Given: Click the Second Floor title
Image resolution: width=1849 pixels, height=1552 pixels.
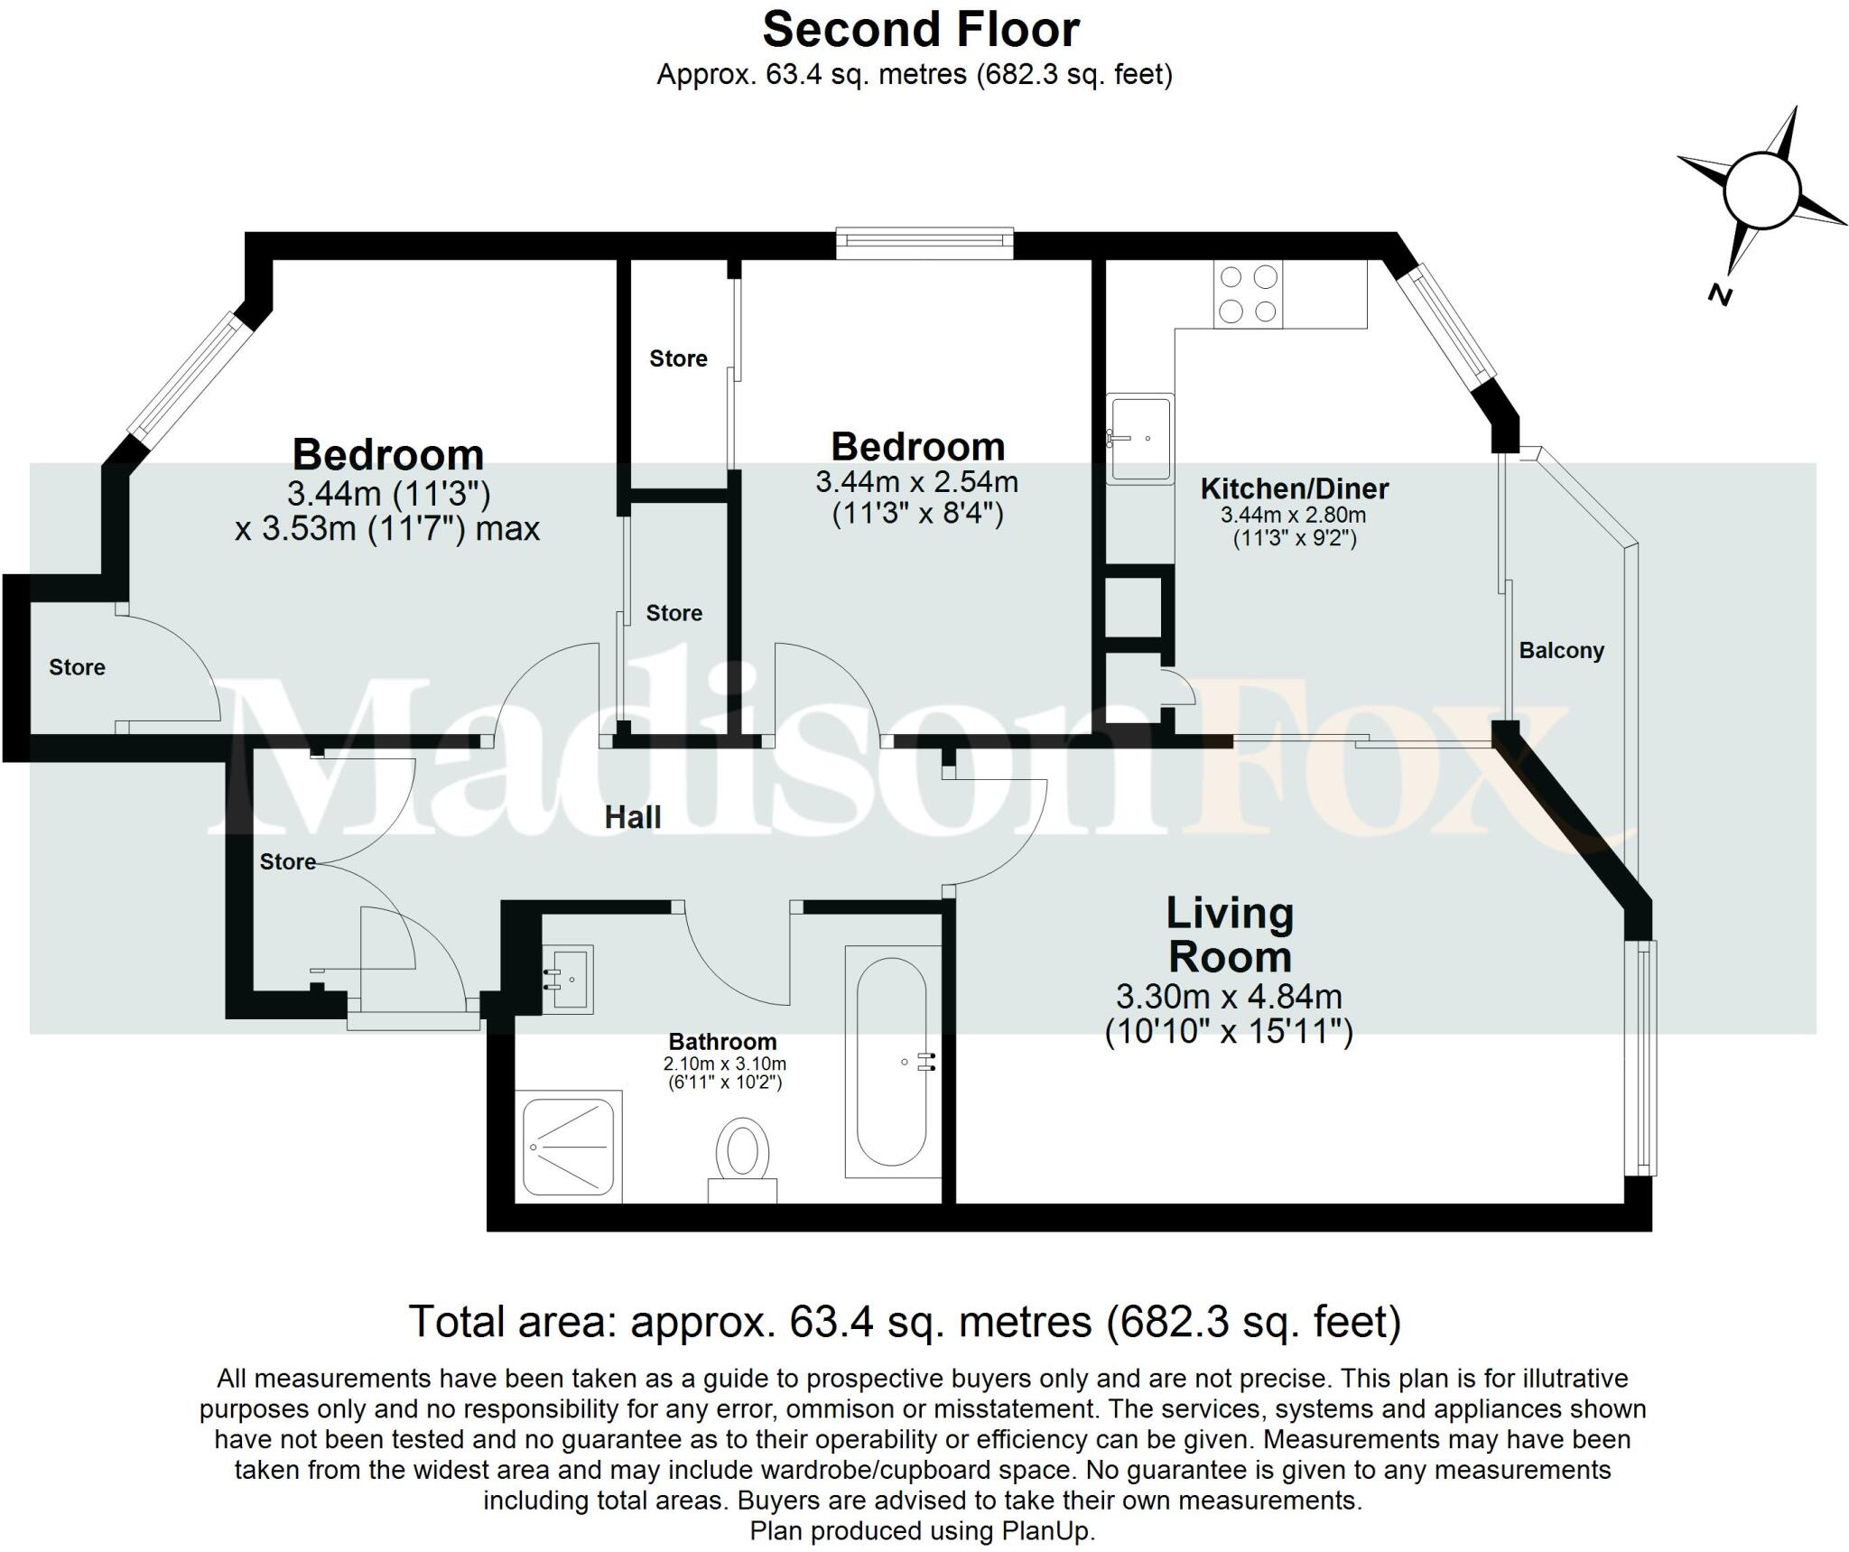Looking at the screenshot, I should [x=920, y=30].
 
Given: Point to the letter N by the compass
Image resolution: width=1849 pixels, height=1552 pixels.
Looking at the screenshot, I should [x=1721, y=294].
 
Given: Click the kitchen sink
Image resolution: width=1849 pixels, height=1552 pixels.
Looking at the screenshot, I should [x=1140, y=438].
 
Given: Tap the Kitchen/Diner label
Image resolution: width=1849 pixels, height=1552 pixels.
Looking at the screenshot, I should [x=1294, y=489].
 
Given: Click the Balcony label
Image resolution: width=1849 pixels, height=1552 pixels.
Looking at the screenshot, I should [x=1561, y=651].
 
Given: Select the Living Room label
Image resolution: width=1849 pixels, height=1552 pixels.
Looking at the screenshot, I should [x=1230, y=935].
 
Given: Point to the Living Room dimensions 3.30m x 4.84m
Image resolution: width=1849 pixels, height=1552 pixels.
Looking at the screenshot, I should [x=1229, y=997].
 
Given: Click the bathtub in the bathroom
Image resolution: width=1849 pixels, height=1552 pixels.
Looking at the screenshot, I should [x=891, y=1061].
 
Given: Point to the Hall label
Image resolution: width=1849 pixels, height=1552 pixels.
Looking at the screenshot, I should [x=632, y=818].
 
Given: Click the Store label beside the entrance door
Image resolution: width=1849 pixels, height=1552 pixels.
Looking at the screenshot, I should [x=287, y=862].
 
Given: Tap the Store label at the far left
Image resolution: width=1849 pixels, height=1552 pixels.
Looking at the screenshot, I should [x=77, y=668].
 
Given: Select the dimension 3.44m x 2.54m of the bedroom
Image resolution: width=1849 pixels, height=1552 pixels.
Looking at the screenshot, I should [x=916, y=482].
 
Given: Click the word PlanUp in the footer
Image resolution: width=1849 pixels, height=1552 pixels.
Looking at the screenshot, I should [x=1046, y=1531].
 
